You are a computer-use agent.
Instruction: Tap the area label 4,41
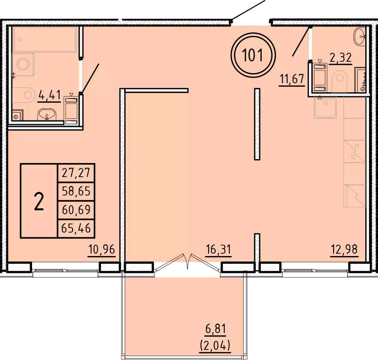pyautogui.click(x=50, y=95)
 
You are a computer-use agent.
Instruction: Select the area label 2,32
pyautogui.click(x=341, y=58)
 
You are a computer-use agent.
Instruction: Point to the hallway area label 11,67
pyautogui.click(x=292, y=79)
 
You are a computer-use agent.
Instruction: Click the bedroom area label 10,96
pyautogui.click(x=102, y=249)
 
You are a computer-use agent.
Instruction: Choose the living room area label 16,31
pyautogui.click(x=218, y=249)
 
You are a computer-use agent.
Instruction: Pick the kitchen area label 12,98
pyautogui.click(x=344, y=249)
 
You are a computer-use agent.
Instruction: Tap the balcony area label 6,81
pyautogui.click(x=216, y=329)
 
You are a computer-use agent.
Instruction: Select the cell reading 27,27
pyautogui.click(x=76, y=173)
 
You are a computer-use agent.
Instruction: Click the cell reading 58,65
pyautogui.click(x=76, y=191)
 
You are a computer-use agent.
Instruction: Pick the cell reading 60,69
pyautogui.click(x=76, y=210)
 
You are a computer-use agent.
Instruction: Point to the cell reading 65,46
pyautogui.click(x=76, y=228)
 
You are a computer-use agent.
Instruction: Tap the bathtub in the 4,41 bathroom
pyautogui.click(x=45, y=39)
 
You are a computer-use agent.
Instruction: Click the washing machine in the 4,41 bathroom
pyautogui.click(x=23, y=64)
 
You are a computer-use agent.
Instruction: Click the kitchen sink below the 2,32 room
pyautogui.click(x=325, y=107)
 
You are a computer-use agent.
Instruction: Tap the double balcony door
pyautogui.click(x=188, y=263)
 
